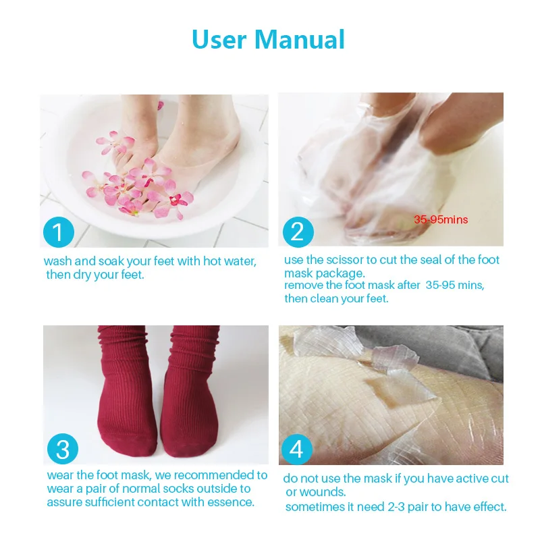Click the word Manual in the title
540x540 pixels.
[300, 39]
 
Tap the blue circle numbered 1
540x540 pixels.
[58, 232]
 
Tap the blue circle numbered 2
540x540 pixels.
[298, 232]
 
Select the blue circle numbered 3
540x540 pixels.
[62, 450]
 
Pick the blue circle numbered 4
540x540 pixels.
[298, 450]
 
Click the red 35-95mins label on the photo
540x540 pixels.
[441, 219]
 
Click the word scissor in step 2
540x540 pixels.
[344, 260]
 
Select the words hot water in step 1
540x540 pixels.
[229, 261]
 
